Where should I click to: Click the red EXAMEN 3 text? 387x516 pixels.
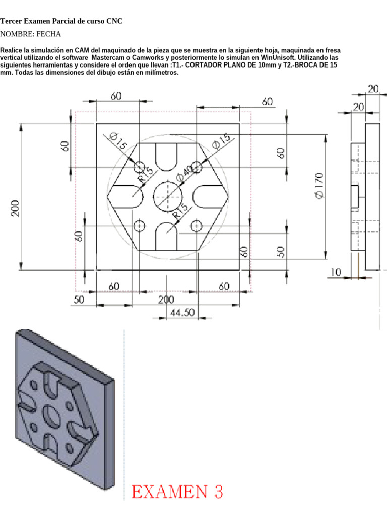point(177,491)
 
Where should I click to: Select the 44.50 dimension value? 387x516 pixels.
point(182,312)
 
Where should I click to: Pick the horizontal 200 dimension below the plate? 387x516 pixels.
point(167,299)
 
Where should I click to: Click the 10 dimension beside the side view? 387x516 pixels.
point(336,272)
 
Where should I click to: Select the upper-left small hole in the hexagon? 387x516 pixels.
point(139,167)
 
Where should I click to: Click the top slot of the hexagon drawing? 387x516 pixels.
point(167,156)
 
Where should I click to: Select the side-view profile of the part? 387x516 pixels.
point(364,197)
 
